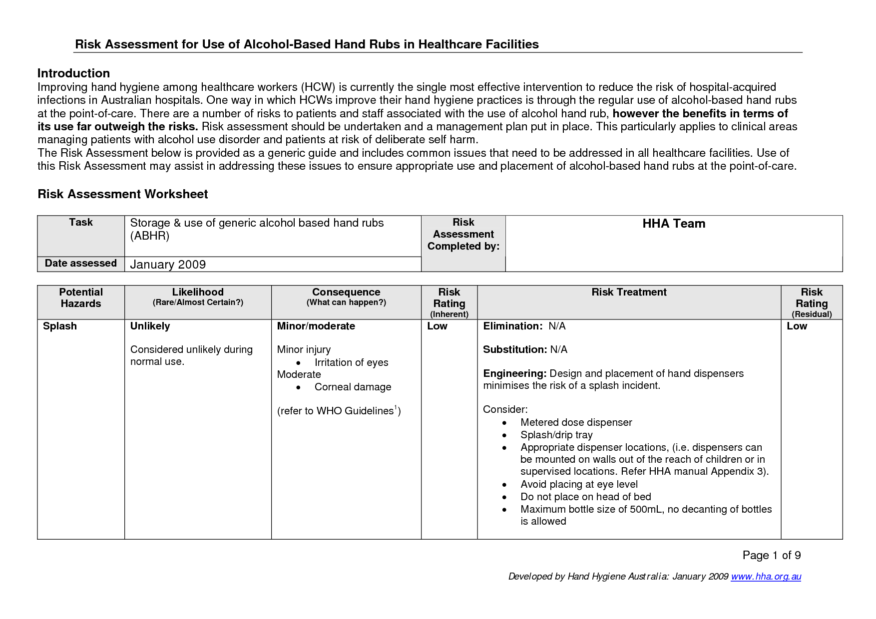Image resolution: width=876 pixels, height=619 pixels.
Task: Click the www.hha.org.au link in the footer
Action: (x=766, y=577)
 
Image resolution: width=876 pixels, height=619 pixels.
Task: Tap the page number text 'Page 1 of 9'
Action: (x=772, y=555)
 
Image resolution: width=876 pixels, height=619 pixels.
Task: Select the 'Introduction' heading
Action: (x=73, y=73)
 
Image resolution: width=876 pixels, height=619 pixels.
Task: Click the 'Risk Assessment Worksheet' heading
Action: (x=122, y=194)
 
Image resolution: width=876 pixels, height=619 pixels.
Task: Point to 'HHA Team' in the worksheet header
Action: (x=674, y=224)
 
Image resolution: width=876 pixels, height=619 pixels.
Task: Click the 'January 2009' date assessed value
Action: (x=168, y=265)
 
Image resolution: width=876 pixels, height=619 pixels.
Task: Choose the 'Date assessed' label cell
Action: (x=81, y=264)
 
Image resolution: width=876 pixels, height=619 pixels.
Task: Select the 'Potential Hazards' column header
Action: (x=81, y=298)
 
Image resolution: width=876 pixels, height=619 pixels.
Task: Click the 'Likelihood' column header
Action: (x=198, y=293)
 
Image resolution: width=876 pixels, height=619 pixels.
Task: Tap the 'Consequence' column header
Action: (x=346, y=293)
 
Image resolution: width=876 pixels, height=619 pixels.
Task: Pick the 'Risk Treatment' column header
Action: (x=629, y=293)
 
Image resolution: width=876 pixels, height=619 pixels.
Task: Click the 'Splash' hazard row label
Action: (x=60, y=326)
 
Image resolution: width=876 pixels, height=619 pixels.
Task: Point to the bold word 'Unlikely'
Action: (x=150, y=326)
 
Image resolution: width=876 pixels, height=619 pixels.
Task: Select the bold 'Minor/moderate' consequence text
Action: (x=316, y=326)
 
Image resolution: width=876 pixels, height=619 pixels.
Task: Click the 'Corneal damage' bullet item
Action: (x=353, y=387)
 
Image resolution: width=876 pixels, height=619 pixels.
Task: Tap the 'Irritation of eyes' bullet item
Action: (x=351, y=363)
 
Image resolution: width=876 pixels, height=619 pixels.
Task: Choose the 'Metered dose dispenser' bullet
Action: (x=576, y=423)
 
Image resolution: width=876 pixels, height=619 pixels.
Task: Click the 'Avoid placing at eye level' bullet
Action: (x=579, y=484)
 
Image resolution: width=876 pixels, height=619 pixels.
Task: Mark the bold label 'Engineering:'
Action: (x=515, y=374)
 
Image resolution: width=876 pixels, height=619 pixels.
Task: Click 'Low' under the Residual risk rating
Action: (x=797, y=326)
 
